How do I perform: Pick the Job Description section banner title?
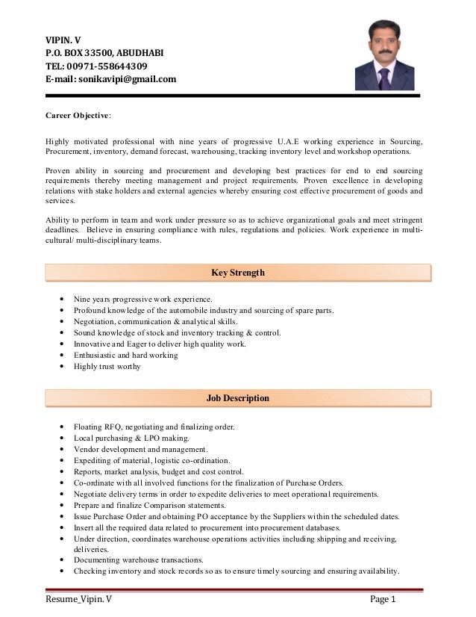coord(237,398)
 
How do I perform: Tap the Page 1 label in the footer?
coord(387,599)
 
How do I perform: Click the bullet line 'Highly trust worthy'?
coord(107,367)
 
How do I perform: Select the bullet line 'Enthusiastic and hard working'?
coord(125,356)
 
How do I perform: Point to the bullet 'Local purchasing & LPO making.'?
coord(131,438)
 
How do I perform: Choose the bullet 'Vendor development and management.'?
coord(140,450)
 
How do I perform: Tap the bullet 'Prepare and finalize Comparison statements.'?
coord(153,506)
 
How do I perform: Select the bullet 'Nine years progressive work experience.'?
coord(143,300)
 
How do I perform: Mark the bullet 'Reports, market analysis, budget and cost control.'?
coord(158,472)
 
